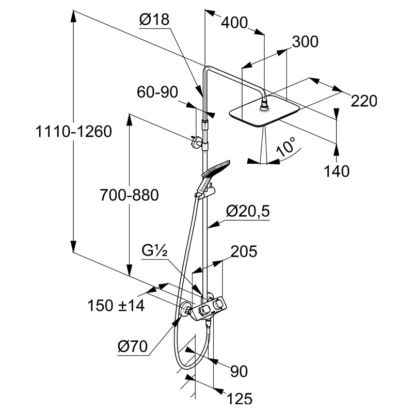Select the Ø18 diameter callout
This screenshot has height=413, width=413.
[154, 20]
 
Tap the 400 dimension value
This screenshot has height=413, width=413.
[234, 22]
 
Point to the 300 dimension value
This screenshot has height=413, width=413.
[305, 42]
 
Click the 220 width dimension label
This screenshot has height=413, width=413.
[364, 101]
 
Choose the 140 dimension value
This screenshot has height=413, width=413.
[337, 170]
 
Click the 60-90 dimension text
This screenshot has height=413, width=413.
[157, 92]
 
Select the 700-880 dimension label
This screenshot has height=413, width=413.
[129, 195]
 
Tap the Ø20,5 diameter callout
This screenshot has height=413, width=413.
[248, 211]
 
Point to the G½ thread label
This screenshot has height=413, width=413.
[154, 252]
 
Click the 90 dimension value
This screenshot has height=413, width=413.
[239, 371]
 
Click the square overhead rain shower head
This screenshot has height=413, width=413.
[264, 114]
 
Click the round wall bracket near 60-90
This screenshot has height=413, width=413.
[196, 141]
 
